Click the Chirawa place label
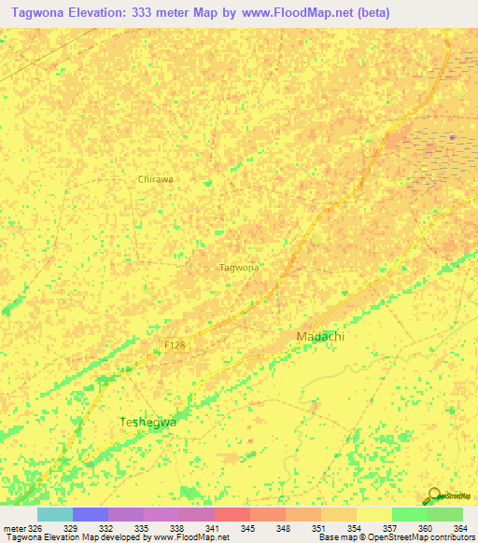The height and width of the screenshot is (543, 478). tap(156, 179)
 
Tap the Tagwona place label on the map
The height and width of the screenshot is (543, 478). tap(239, 268)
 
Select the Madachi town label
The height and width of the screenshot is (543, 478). tap(315, 336)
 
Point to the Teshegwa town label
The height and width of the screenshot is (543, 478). tap(148, 422)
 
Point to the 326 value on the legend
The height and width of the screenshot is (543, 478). tap(35, 528)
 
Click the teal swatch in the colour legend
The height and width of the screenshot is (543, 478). tap(54, 514)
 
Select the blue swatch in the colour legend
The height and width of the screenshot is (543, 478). tap(90, 514)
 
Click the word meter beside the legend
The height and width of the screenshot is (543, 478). tap(13, 528)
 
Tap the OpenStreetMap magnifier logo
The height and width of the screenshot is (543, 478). tap(432, 495)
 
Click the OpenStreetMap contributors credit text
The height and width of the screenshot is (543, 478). tap(420, 538)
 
